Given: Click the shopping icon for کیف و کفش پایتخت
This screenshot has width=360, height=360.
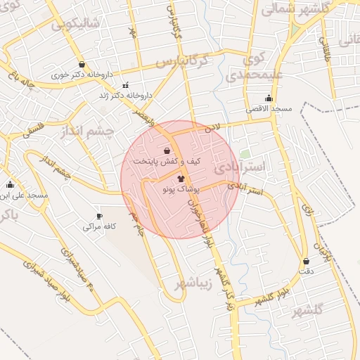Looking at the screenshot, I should click(x=167, y=150).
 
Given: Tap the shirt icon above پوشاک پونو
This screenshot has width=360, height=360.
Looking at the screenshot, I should click(x=181, y=179).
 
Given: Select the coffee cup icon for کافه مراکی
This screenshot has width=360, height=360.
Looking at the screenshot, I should click(x=99, y=216).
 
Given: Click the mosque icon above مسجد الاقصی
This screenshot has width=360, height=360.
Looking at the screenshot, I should click(x=268, y=98).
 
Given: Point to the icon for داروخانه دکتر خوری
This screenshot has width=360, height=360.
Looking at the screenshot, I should click(x=82, y=63).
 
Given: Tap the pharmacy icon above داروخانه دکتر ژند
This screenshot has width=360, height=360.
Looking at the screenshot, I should click(x=125, y=85).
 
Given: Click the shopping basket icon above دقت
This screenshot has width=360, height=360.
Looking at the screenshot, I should click(x=306, y=261).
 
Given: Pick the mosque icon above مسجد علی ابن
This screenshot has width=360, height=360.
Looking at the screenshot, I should click(x=10, y=185).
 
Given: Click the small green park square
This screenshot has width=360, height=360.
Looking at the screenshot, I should click(x=245, y=153).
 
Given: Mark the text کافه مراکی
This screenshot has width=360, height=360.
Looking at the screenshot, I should click(x=99, y=227).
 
